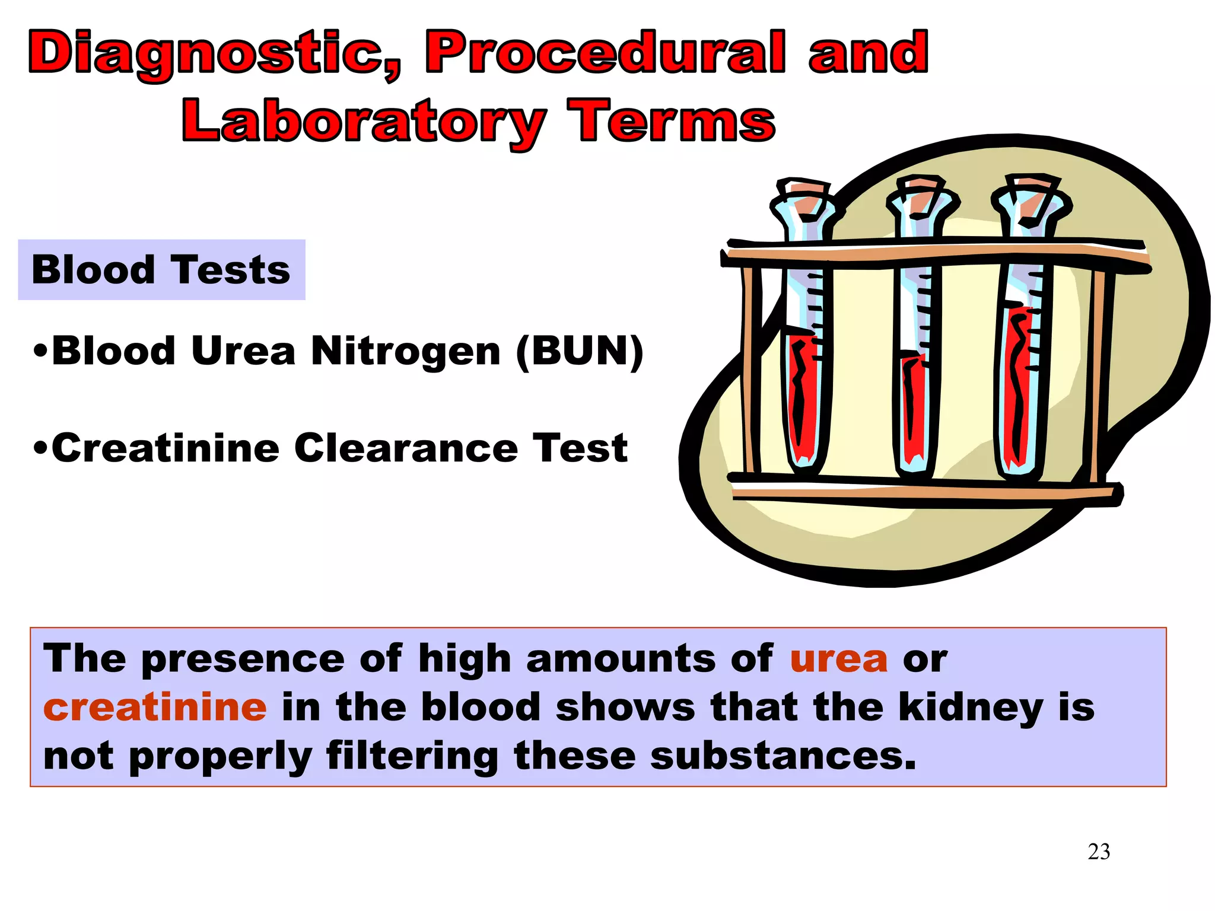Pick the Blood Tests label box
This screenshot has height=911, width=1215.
pyautogui.click(x=161, y=270)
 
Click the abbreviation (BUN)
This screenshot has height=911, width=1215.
pyautogui.click(x=580, y=351)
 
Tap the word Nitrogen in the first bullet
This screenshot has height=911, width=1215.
pyautogui.click(x=406, y=351)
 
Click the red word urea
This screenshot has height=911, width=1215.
pyautogui.click(x=838, y=659)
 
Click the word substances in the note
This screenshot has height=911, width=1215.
pyautogui.click(x=783, y=757)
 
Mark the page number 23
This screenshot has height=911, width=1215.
pyautogui.click(x=1099, y=852)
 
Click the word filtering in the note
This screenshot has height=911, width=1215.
pyautogui.click(x=412, y=757)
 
